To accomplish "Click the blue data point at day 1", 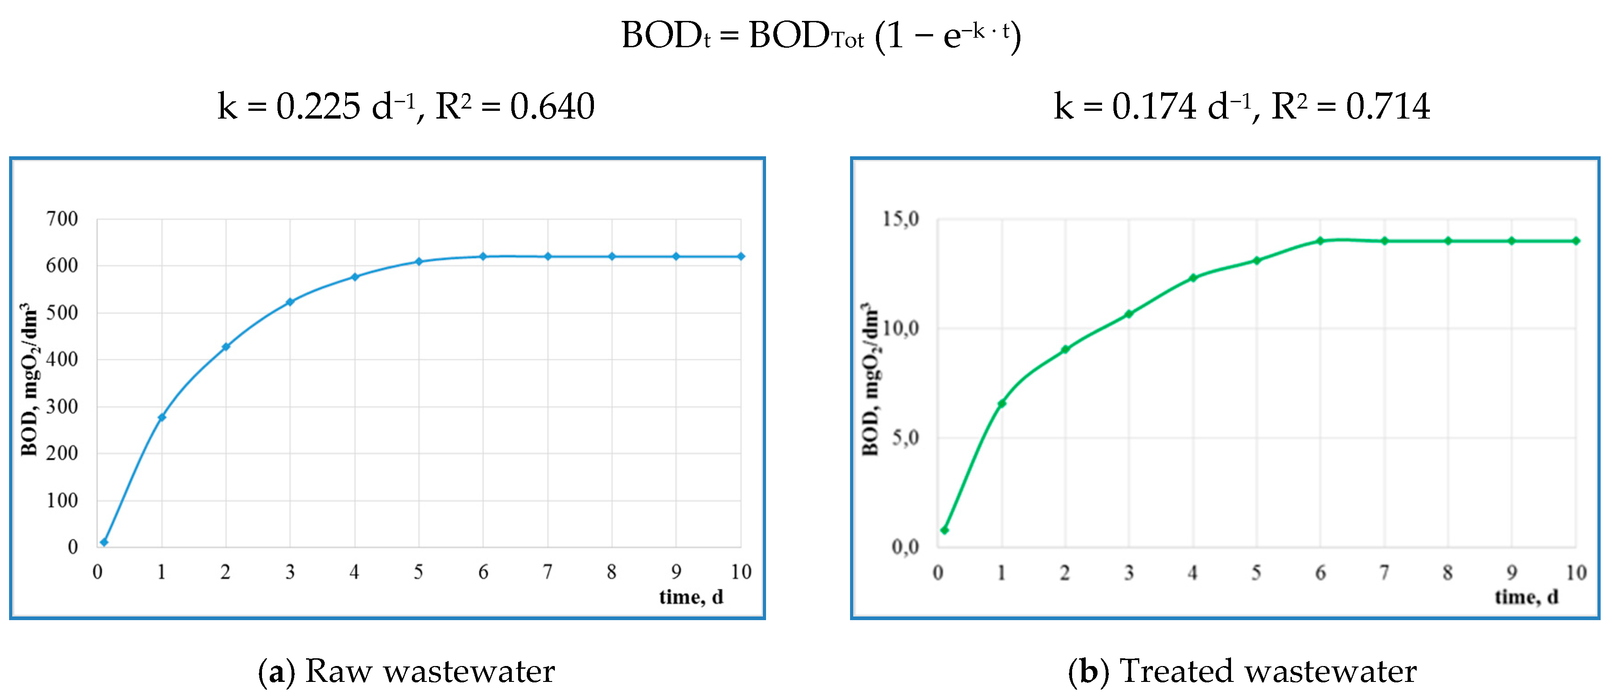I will coord(162,417).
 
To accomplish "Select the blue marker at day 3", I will coord(290,302).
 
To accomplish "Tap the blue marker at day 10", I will coord(741,256).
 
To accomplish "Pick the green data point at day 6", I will coord(1320,240).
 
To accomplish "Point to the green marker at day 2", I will coord(1065,349).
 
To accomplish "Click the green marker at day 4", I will coord(1193,277).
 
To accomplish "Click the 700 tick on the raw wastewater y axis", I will coord(62,219).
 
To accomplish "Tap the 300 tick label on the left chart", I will coord(62,406).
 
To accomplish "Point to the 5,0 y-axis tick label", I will coord(905,437).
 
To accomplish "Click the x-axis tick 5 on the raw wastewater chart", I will coord(419,572).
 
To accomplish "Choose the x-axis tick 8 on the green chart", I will coord(1448,572).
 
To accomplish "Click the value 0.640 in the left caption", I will coord(552,106).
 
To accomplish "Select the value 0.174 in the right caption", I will coord(1154,106).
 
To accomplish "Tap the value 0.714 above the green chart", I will coord(1388,106).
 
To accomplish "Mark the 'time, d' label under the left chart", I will coord(691,597).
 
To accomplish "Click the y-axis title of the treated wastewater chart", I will coord(870,379).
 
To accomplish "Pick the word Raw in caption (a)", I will coord(339,671).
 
